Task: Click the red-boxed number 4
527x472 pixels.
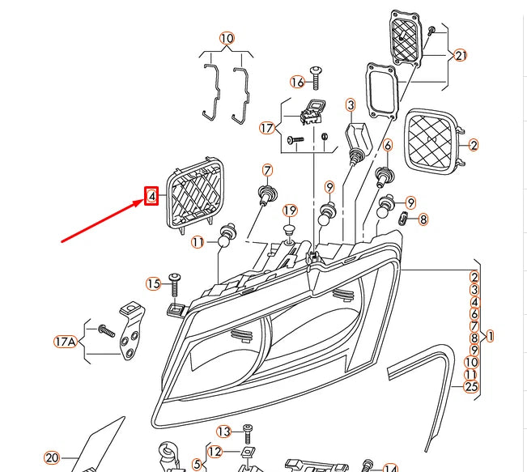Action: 151,196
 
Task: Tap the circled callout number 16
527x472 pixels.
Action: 297,82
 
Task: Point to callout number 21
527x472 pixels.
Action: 461,56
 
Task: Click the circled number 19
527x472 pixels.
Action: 291,211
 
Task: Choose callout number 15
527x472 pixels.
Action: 154,283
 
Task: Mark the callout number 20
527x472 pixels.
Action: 52,458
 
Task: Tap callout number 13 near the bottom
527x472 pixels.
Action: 224,432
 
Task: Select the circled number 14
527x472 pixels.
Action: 390,467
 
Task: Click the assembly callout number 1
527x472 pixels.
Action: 490,335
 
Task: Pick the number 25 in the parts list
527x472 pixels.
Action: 472,387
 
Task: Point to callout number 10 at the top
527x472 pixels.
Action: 227,38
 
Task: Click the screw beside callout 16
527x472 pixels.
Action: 317,78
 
